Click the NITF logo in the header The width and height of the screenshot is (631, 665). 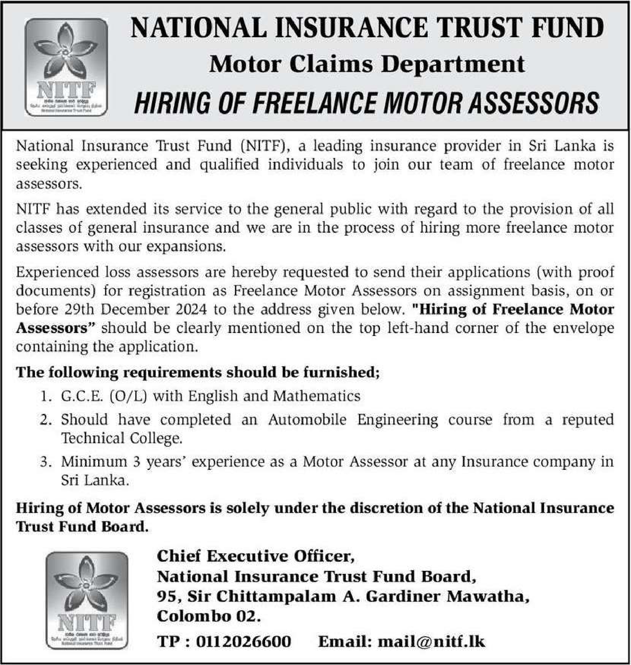pyautogui.click(x=66, y=67)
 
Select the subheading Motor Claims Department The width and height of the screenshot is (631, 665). pyautogui.click(x=367, y=65)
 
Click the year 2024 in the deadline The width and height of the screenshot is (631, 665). pyautogui.click(x=191, y=309)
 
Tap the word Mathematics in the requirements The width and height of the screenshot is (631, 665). pyautogui.click(x=316, y=396)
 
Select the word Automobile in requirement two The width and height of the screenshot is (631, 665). pyautogui.click(x=307, y=420)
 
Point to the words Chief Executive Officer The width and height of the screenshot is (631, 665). pyautogui.click(x=255, y=557)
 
